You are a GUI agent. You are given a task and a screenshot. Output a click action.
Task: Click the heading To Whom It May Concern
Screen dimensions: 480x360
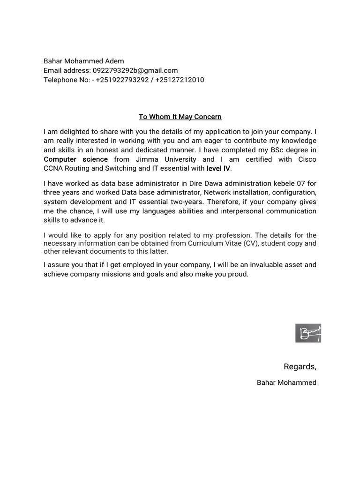(x=180, y=117)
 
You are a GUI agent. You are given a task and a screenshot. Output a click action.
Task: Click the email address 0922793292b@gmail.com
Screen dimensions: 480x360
(x=135, y=70)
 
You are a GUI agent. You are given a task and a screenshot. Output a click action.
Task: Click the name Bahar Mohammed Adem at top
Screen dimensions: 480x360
(x=84, y=61)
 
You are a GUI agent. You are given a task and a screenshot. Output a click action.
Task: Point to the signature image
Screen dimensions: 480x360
(x=308, y=333)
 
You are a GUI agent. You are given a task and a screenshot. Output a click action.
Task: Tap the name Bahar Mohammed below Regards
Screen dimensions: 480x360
(x=286, y=382)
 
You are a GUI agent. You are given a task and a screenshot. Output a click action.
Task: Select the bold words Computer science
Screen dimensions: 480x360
(x=75, y=159)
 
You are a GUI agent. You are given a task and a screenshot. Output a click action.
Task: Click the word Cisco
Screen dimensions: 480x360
(x=307, y=159)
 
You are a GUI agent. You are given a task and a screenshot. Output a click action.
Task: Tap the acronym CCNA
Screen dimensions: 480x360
(x=53, y=169)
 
